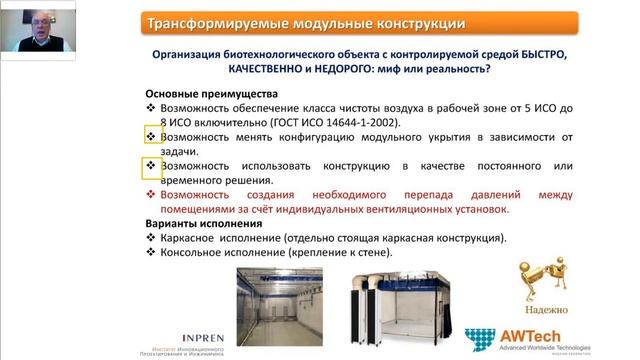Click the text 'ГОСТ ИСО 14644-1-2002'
(343, 121)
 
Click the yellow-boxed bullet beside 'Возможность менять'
(152, 135)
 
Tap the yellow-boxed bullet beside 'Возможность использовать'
(152, 165)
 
